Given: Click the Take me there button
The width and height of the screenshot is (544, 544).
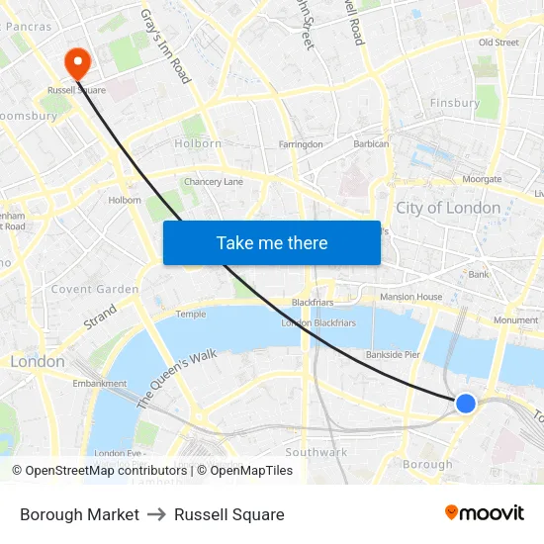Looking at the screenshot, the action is coord(272,242).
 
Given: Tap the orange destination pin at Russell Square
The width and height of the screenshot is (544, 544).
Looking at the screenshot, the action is coord(77,62).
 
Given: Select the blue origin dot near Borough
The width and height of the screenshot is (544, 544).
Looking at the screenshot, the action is coord(465,403).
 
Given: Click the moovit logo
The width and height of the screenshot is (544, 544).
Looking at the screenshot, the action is coord(485,513).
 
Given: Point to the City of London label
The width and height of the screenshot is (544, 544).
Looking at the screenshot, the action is coord(448,208).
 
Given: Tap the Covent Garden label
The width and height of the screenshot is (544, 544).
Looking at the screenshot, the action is coord(95,289).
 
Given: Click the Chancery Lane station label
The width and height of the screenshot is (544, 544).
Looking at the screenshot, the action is coord(214,182).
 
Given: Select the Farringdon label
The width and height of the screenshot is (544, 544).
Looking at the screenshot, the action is coord(301,144).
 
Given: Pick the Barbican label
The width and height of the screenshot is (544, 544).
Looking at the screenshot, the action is coord(372,144).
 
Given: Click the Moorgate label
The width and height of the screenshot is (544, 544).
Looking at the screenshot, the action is coord(483,179).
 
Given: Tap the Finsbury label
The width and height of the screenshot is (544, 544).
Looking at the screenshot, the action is coord(455,103).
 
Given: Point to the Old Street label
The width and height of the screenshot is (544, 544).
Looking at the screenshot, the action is coord(499,43).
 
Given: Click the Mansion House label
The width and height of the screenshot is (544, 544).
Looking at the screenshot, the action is coord(411,297).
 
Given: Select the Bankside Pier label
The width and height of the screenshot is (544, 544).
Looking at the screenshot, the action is coord(393,353).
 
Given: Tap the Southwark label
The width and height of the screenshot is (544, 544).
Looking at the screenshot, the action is coord(318,452).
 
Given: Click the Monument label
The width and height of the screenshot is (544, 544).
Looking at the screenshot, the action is coord(515,320).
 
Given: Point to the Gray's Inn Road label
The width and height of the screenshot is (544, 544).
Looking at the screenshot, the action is coord(165,46).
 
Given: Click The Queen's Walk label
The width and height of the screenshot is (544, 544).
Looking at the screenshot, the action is coord(177,379).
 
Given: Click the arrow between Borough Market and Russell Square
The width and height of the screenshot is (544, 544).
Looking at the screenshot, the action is coord(156,514).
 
